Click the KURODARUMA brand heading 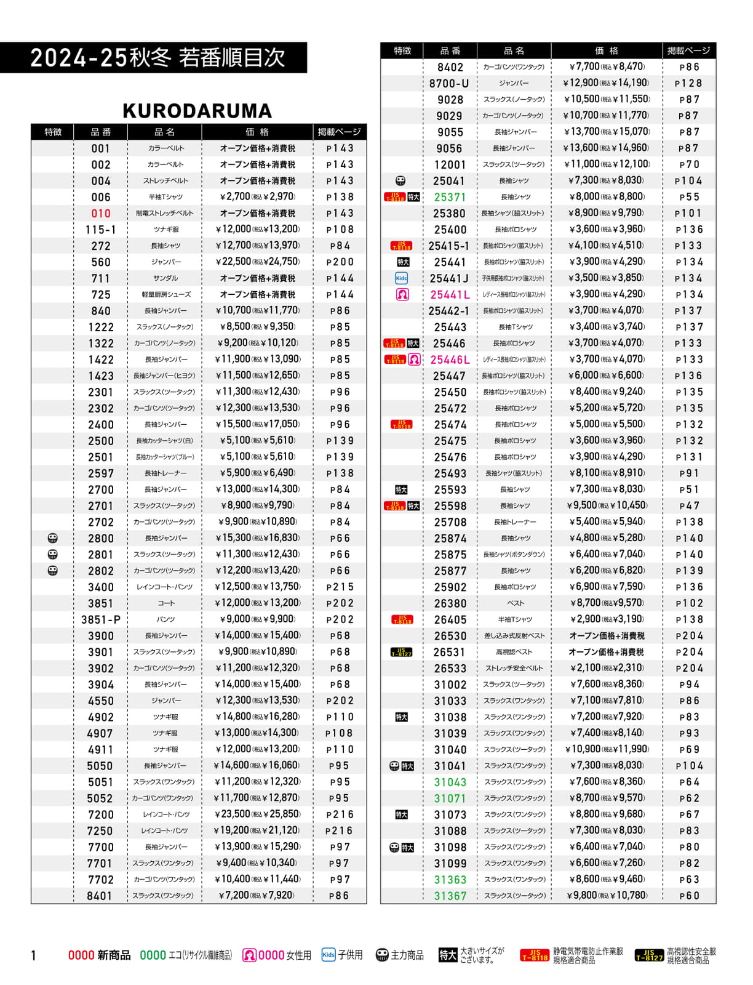(x=197, y=111)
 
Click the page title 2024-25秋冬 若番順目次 (x=157, y=58)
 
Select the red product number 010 (x=101, y=214)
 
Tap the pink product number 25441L (x=450, y=295)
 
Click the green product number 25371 (x=450, y=197)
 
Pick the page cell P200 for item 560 (x=340, y=262)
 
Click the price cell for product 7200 (x=257, y=814)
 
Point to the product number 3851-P (x=101, y=620)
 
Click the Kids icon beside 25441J (x=401, y=278)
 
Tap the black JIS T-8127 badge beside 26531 (x=401, y=652)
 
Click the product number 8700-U (x=449, y=83)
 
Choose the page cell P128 (x=688, y=83)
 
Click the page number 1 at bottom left (x=34, y=955)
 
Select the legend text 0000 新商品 (x=99, y=955)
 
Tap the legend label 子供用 (x=350, y=955)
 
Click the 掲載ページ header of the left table (x=339, y=132)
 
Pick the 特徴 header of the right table (x=402, y=50)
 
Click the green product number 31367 (x=450, y=896)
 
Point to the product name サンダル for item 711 (x=165, y=278)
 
